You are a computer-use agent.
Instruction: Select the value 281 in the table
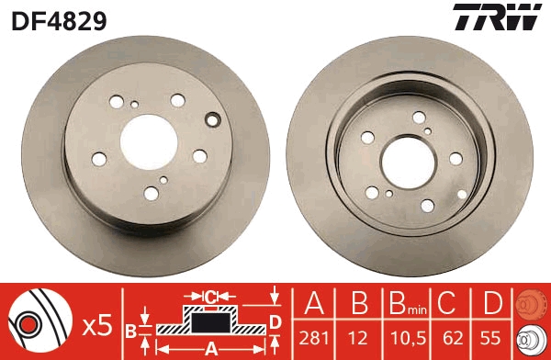click(314, 335)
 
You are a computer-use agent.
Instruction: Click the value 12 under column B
click(360, 335)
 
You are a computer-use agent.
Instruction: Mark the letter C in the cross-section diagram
click(211, 297)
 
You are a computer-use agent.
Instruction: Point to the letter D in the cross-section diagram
click(275, 321)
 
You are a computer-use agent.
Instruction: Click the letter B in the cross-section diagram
click(130, 329)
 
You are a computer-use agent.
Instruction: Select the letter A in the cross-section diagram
click(210, 348)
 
